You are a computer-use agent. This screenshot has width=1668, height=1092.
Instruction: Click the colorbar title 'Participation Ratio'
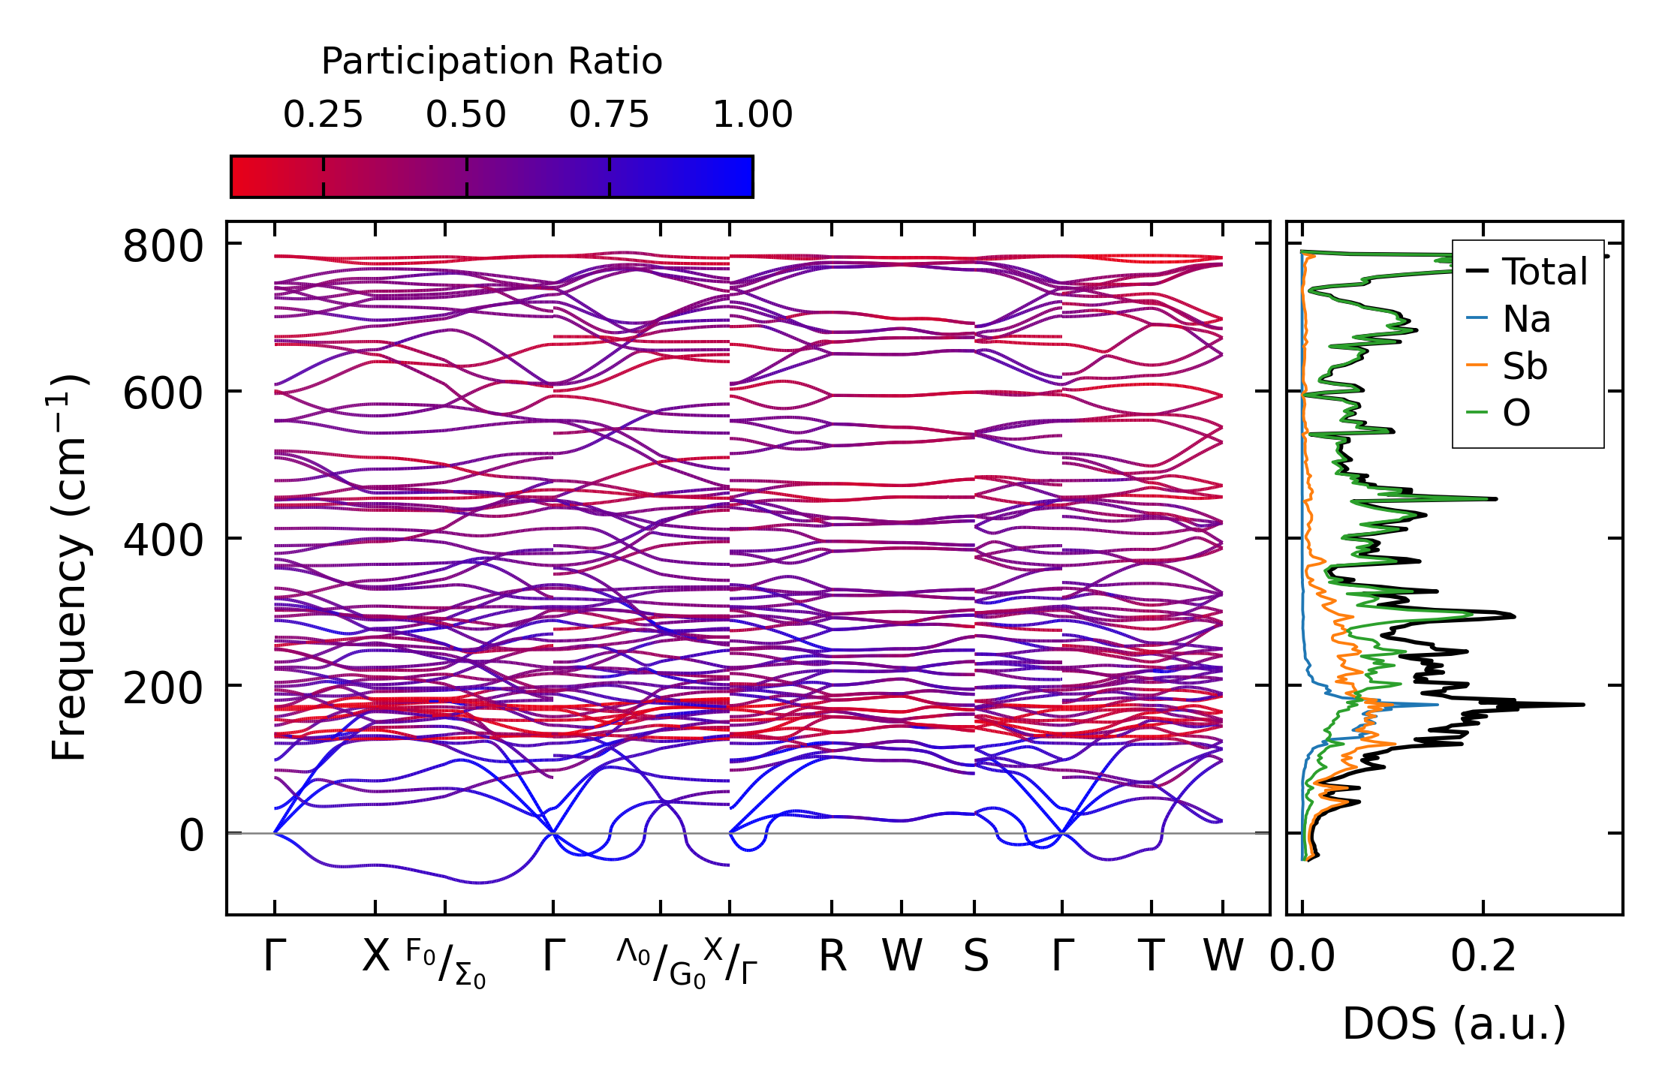point(492,62)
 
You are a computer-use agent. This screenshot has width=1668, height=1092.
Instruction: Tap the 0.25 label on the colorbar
point(323,115)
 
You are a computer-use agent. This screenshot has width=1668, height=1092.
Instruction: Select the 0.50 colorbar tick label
point(466,115)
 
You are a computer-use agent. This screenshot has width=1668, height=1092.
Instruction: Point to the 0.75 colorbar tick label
point(609,115)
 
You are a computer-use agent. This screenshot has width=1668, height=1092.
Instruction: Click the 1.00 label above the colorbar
point(752,115)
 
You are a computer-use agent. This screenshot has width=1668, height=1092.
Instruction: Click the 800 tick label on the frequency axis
point(163,246)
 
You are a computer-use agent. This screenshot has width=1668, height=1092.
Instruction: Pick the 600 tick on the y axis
point(163,393)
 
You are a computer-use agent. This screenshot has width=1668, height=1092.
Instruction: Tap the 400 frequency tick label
point(163,540)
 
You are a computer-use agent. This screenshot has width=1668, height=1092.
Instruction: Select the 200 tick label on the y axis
point(163,687)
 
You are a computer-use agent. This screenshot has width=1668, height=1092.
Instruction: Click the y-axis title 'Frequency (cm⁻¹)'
point(69,567)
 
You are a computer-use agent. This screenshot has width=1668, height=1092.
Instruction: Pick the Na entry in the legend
point(1526,320)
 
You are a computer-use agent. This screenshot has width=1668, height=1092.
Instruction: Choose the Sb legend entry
point(1525,367)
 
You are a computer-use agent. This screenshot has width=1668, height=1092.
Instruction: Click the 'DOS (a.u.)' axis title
point(1454,1024)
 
